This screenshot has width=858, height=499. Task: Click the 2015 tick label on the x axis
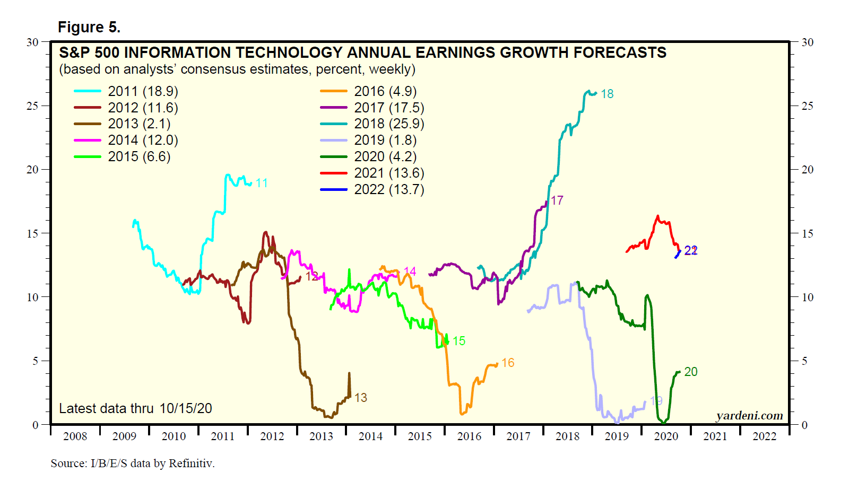(x=420, y=436)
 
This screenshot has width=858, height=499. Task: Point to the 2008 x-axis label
(x=75, y=436)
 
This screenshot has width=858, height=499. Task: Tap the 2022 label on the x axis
(x=764, y=436)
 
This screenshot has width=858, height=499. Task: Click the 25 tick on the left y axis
(x=33, y=106)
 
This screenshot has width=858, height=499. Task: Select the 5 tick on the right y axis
(x=804, y=361)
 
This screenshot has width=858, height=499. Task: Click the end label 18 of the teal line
(x=607, y=94)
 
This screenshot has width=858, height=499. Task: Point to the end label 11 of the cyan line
(x=262, y=183)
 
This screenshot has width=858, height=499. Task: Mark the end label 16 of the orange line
(x=508, y=363)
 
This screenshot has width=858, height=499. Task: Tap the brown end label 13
(x=361, y=398)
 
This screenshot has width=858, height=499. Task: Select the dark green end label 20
(x=691, y=372)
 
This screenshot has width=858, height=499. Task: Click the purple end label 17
(x=557, y=200)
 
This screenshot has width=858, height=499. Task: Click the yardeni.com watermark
(x=749, y=416)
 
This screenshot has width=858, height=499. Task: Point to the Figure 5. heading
(x=89, y=27)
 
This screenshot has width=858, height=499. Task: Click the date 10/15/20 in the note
(x=186, y=408)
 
